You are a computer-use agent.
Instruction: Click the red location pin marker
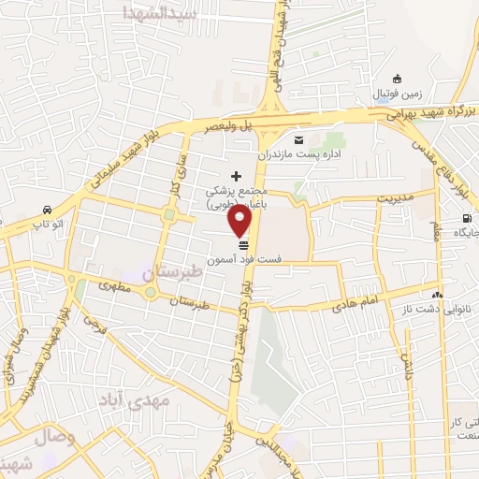pos(241,220)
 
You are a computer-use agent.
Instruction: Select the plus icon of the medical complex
pos(236,175)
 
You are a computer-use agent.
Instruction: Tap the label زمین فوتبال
pos(398,94)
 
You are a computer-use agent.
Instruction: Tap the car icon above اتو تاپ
pos(46,210)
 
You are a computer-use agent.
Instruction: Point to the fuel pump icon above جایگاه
pos(466,220)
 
